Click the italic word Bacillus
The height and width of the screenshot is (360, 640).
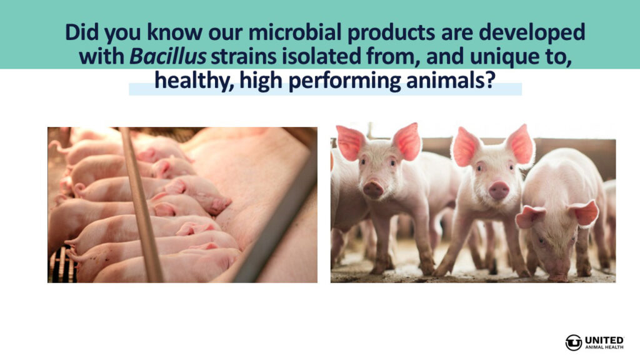167,56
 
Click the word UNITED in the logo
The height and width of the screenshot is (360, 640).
604,340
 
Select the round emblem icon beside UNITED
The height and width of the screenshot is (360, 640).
574,342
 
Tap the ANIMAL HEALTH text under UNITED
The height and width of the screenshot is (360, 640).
604,347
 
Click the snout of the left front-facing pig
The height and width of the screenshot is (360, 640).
373,189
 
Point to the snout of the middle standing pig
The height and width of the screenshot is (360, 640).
499,190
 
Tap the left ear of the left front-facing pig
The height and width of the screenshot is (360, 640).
350,143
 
